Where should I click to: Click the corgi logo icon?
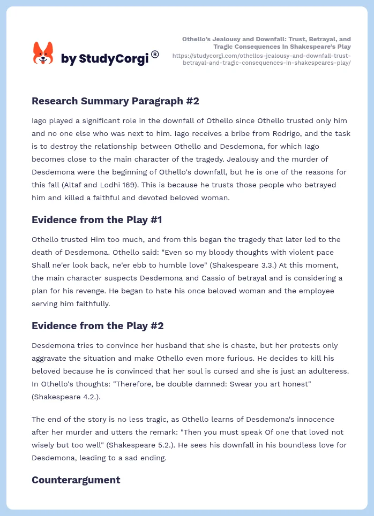pos(43,53)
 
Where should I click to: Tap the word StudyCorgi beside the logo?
pos(113,59)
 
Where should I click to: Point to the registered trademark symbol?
pos(155,54)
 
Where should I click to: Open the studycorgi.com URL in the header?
pos(261,59)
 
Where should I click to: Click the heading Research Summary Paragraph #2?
pos(115,101)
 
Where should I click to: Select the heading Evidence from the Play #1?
pos(96,219)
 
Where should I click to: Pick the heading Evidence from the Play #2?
pos(98,325)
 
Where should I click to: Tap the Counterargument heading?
pos(76,480)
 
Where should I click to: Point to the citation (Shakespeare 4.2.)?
pos(64,397)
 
